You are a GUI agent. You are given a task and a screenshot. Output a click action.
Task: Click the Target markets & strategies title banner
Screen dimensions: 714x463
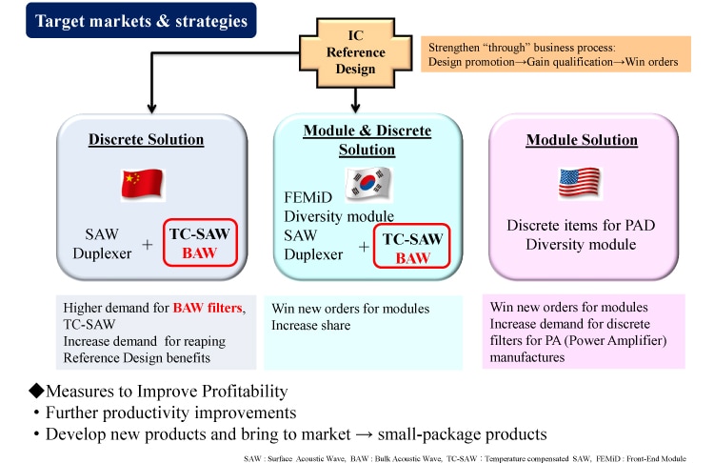click(x=141, y=21)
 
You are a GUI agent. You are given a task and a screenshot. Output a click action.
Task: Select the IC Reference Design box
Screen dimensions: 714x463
click(x=356, y=52)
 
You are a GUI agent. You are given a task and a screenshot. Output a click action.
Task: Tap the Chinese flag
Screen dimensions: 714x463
click(x=143, y=184)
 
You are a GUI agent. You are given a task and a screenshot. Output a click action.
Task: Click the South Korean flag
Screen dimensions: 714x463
click(x=368, y=184)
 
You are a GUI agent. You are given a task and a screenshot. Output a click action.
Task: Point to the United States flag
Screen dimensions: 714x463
click(x=580, y=183)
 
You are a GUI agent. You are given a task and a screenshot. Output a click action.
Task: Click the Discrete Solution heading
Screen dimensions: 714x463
click(x=147, y=139)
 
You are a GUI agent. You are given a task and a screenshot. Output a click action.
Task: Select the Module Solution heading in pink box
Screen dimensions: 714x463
click(x=582, y=140)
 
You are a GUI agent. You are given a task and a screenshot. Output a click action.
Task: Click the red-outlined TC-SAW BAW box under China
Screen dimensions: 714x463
click(x=200, y=242)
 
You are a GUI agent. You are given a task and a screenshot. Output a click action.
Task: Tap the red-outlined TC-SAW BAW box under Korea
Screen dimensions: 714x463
click(x=411, y=247)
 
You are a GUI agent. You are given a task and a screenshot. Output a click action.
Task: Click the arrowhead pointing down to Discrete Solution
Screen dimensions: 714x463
click(x=151, y=109)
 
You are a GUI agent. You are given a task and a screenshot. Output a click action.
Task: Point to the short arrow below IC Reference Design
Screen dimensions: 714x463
click(x=355, y=100)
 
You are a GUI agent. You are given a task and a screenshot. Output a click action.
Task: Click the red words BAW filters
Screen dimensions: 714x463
click(x=208, y=308)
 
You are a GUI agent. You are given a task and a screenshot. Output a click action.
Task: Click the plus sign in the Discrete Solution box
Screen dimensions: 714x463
click(x=147, y=245)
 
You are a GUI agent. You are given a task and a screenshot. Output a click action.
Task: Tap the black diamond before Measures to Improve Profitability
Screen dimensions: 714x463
click(x=36, y=391)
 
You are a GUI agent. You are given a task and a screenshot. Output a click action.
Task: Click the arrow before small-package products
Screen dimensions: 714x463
click(x=364, y=434)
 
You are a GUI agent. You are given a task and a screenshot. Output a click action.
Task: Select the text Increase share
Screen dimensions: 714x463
click(x=311, y=326)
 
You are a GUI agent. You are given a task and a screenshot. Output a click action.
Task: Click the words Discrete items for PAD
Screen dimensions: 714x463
click(x=581, y=225)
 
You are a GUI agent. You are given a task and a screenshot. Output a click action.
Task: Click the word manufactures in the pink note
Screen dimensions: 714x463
click(x=527, y=357)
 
